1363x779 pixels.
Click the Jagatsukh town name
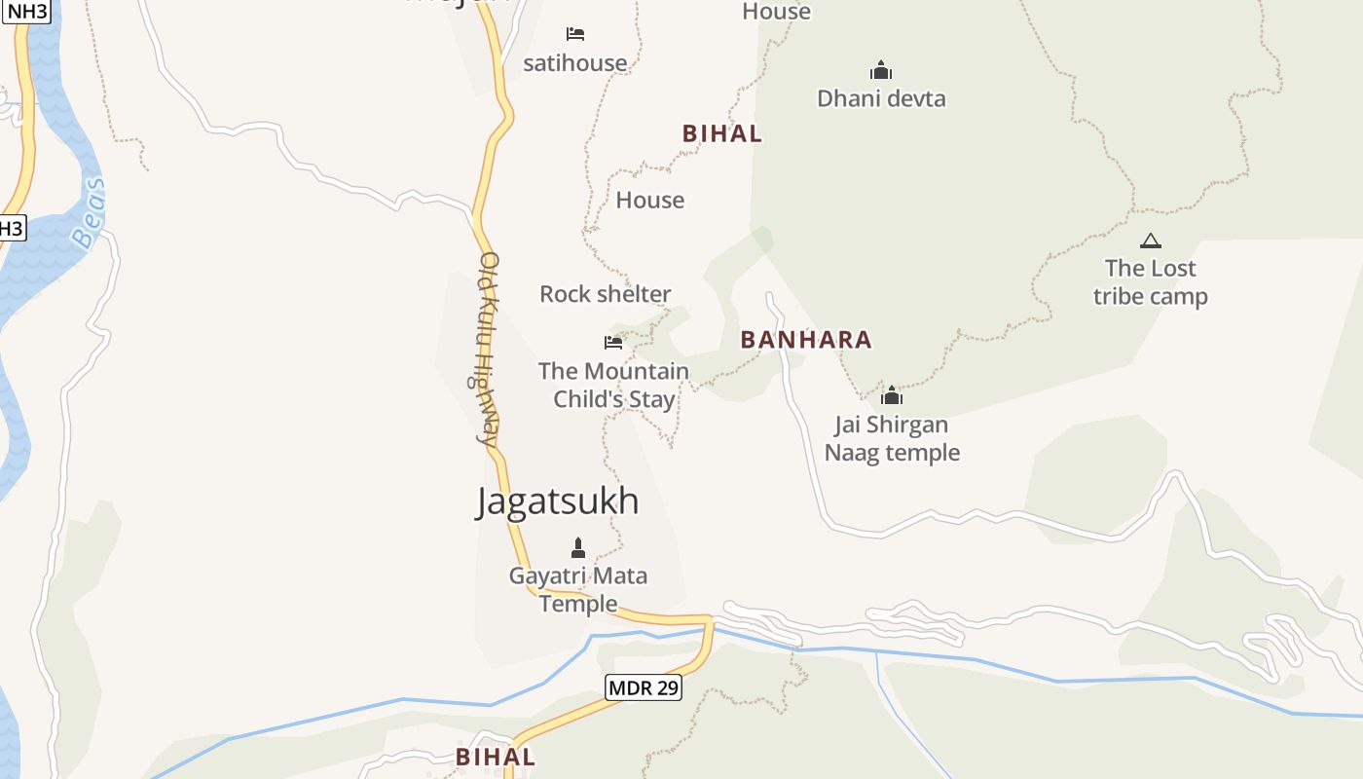[558, 501]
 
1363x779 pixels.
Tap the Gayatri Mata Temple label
[578, 589]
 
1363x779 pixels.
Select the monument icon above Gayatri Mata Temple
[578, 547]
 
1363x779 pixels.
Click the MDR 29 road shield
[644, 687]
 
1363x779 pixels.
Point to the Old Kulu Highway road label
[489, 349]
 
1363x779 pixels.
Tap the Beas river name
[89, 213]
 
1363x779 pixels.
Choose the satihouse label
[575, 63]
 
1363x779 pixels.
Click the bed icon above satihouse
[575, 34]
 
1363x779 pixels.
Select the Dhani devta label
[881, 98]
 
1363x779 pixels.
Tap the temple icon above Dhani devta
[881, 70]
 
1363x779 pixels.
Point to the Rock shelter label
[605, 294]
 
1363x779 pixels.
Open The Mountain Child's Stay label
[613, 385]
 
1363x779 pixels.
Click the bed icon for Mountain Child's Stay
[613, 343]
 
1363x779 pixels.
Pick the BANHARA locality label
[806, 340]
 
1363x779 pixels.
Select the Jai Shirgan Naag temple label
[892, 438]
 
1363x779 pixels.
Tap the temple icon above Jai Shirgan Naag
[892, 395]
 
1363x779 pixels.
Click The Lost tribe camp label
[1150, 281]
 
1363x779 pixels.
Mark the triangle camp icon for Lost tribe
[1151, 241]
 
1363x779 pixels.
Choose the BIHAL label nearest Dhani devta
[721, 134]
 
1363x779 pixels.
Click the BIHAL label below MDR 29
[495, 757]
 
